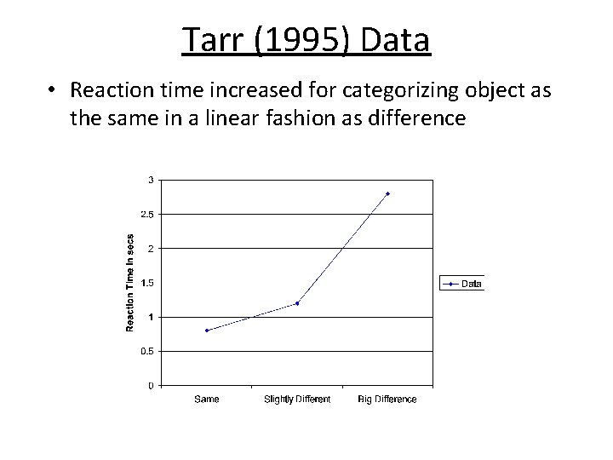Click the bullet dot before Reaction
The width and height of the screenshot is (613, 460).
(x=53, y=90)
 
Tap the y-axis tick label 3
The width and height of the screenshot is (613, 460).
(x=152, y=180)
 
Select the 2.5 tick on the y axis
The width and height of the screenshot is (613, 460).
(x=148, y=215)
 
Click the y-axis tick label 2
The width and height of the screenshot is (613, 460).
(x=152, y=249)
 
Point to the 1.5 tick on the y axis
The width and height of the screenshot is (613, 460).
(x=148, y=283)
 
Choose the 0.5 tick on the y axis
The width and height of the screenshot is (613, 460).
(x=148, y=351)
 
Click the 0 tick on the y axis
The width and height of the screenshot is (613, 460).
(x=152, y=385)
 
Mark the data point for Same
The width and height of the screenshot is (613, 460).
(x=207, y=331)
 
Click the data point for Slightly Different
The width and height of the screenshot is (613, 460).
(x=297, y=303)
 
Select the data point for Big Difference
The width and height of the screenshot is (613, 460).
(x=387, y=193)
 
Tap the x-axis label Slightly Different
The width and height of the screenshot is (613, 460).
(x=297, y=400)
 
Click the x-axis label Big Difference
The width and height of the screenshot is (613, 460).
(x=387, y=400)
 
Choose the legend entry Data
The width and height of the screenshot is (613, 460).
(x=471, y=284)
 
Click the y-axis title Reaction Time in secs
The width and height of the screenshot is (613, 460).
(x=130, y=283)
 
